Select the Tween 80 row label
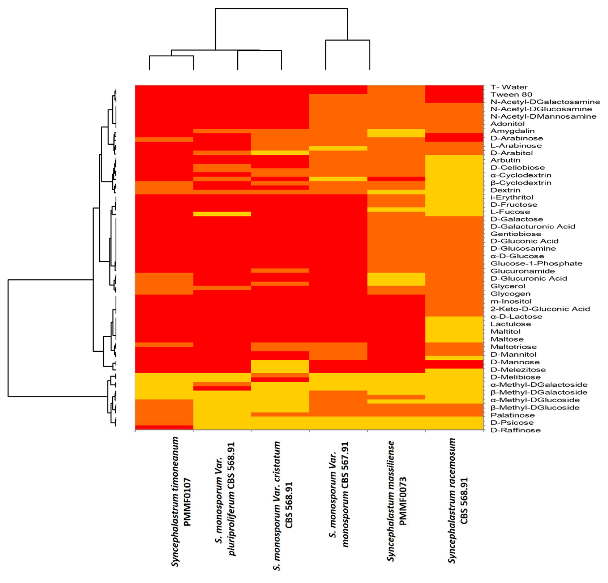[511, 94]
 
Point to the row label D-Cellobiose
[517, 168]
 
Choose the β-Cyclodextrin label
[521, 183]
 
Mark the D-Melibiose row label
[515, 377]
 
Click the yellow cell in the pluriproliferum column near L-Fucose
[222, 214]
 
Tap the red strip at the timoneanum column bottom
[164, 428]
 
